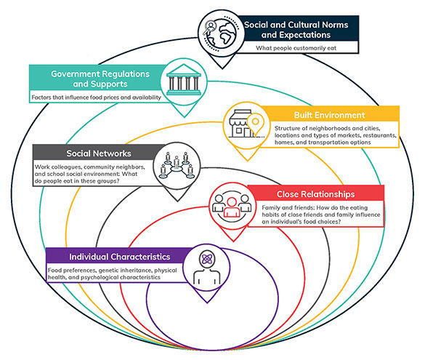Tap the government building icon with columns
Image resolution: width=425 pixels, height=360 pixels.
pyautogui.click(x=184, y=80)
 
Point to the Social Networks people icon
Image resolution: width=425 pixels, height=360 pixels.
pyautogui.click(x=177, y=166)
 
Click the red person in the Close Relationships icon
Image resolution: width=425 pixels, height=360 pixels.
pyautogui.click(x=231, y=207)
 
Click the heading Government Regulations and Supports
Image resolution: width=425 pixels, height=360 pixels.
pyautogui.click(x=100, y=79)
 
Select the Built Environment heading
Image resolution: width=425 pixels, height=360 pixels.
pyautogui.click(x=329, y=115)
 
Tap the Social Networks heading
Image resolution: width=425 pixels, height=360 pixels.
pyautogui.click(x=99, y=153)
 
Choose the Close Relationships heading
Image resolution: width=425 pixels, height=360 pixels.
pyautogui.click(x=316, y=194)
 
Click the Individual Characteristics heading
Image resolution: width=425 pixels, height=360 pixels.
pyautogui.click(x=120, y=257)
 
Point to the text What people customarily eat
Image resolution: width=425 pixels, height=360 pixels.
pyautogui.click(x=296, y=48)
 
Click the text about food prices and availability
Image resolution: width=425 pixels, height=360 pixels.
pyautogui.click(x=96, y=97)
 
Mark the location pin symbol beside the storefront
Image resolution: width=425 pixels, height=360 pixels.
pyautogui.click(x=255, y=124)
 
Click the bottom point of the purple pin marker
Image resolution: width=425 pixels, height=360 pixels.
pyautogui.click(x=207, y=303)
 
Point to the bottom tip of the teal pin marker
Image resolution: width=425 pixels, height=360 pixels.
pyautogui.click(x=185, y=117)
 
